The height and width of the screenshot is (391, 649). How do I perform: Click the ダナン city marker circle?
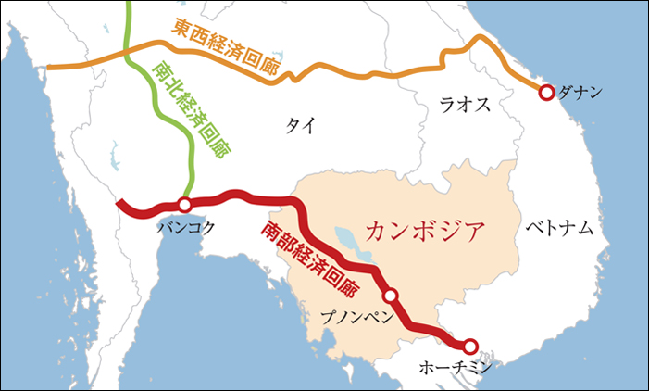(x=546, y=92)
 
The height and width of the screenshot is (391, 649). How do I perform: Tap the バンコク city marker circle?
(x=184, y=204)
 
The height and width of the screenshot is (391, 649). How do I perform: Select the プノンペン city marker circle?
(x=391, y=296)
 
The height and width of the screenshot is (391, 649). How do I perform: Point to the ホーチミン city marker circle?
(x=470, y=347)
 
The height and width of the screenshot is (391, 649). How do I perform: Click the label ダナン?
(x=582, y=93)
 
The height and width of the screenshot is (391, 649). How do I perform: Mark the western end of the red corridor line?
(x=118, y=203)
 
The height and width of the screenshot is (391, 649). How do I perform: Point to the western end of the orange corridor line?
(x=48, y=69)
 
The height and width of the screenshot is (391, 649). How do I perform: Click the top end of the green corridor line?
(x=128, y=4)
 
